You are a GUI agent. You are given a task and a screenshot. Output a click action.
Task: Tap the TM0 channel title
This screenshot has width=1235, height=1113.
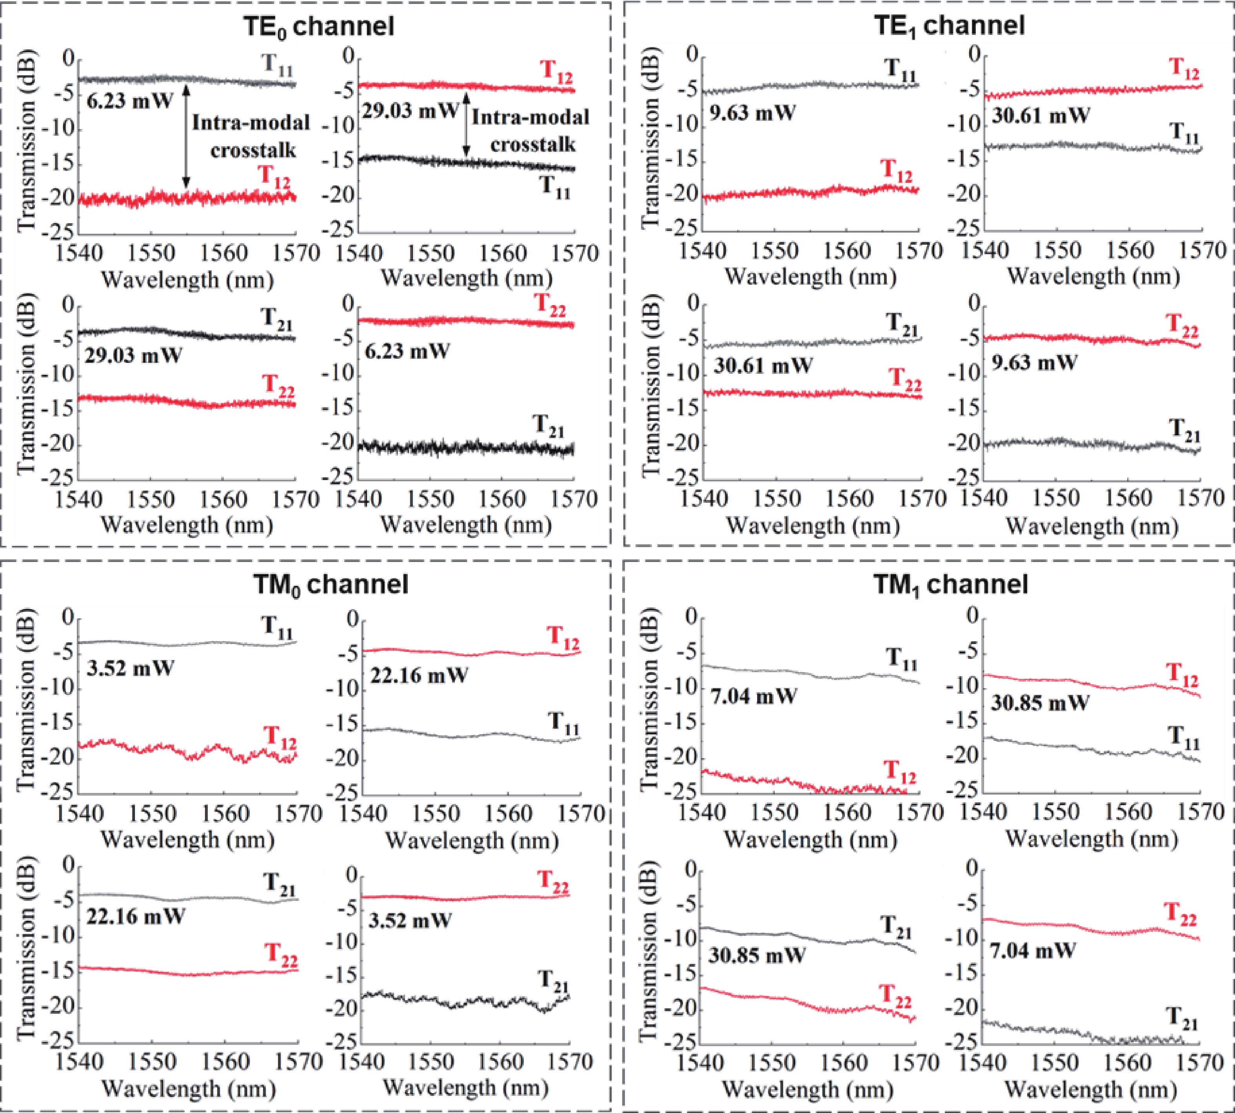click(x=330, y=585)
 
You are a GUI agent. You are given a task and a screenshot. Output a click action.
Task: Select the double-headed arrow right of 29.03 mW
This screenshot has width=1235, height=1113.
click(x=466, y=124)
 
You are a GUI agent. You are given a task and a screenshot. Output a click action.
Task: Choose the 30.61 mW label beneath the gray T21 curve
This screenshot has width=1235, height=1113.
click(x=763, y=365)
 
